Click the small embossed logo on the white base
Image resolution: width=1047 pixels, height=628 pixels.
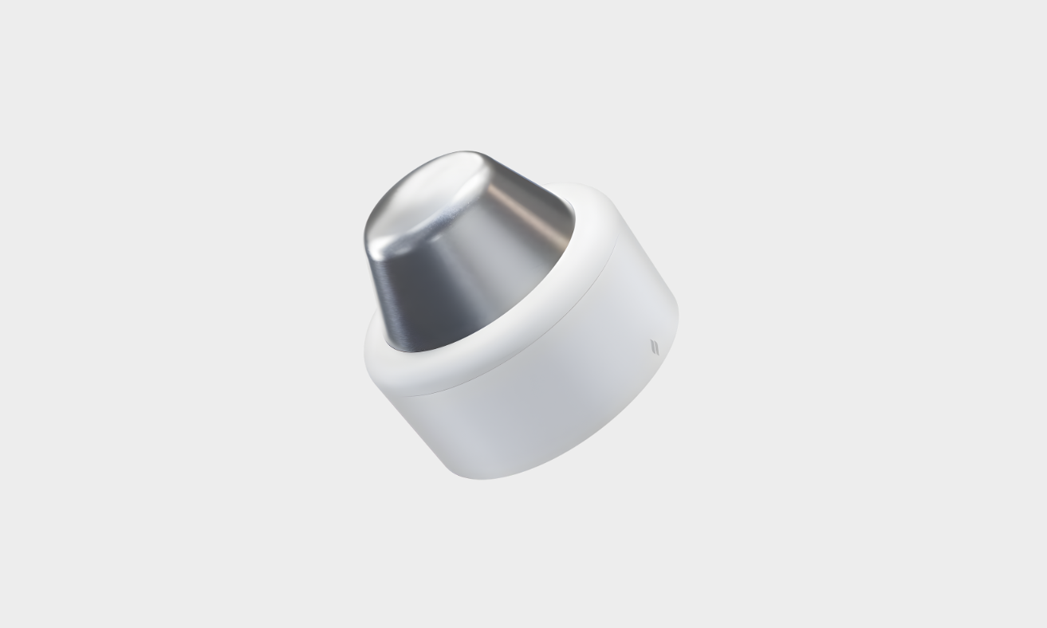[x=655, y=347]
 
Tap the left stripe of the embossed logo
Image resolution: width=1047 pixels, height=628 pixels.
[x=652, y=347]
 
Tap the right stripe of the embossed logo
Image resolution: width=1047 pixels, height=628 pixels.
[x=657, y=348]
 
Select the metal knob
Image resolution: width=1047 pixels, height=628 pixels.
[x=462, y=247]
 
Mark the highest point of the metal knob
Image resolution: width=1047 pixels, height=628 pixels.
[x=462, y=151]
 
